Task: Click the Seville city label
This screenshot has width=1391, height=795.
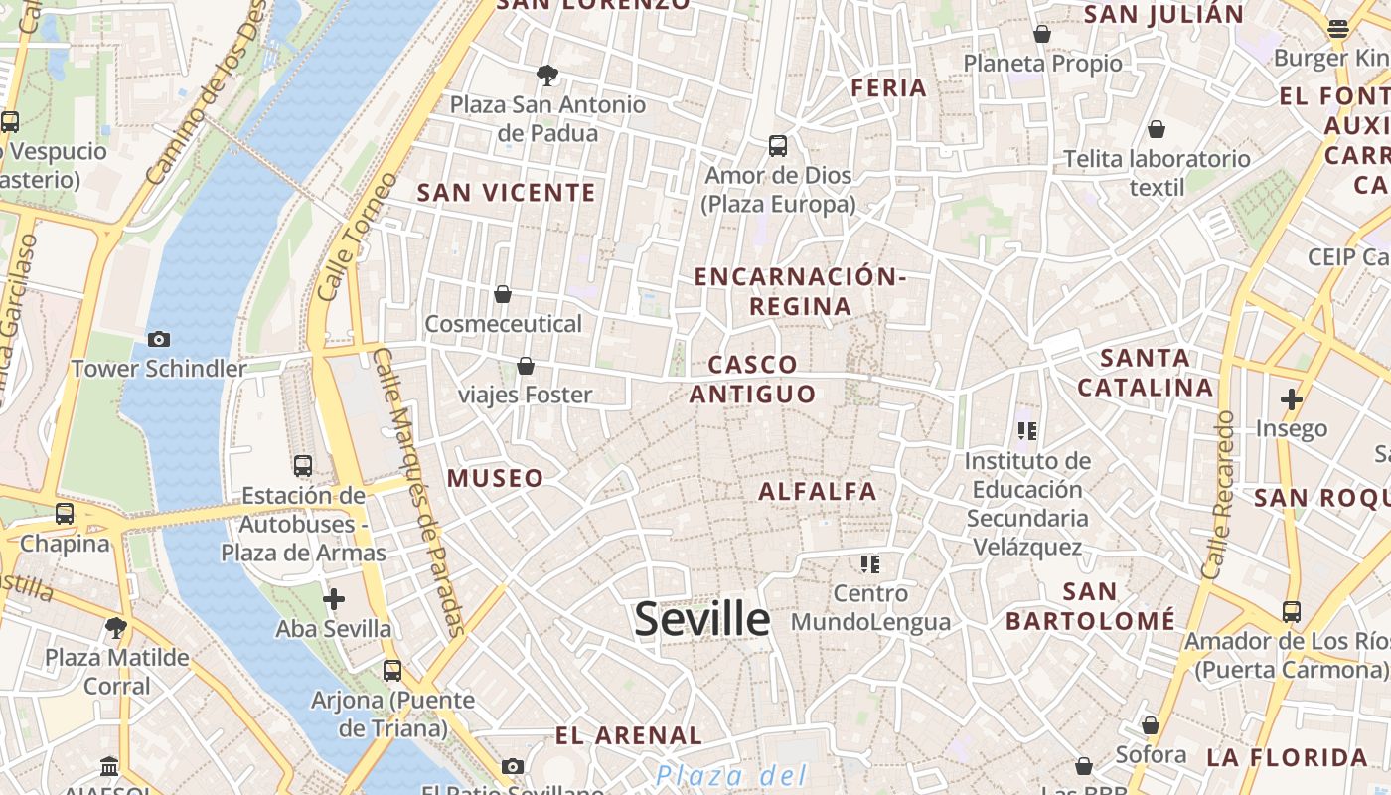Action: pyautogui.click(x=701, y=620)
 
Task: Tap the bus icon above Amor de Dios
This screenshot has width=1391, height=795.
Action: pyautogui.click(x=778, y=146)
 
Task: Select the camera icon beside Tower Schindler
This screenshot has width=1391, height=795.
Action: pyautogui.click(x=158, y=340)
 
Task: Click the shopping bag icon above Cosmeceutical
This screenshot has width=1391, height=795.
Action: pyautogui.click(x=503, y=294)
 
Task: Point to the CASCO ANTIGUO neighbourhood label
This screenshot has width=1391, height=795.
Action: pyautogui.click(x=752, y=380)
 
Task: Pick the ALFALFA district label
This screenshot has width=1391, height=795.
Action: pyautogui.click(x=818, y=491)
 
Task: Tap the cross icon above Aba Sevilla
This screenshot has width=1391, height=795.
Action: pyautogui.click(x=334, y=599)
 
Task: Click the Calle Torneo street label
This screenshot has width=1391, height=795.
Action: pyautogui.click(x=357, y=238)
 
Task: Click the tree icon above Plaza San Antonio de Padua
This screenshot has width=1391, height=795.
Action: pyautogui.click(x=546, y=75)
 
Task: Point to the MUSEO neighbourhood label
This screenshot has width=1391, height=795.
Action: pyautogui.click(x=495, y=478)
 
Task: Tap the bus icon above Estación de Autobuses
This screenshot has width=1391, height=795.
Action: pyautogui.click(x=303, y=465)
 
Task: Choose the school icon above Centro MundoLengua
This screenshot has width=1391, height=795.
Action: pyautogui.click(x=870, y=564)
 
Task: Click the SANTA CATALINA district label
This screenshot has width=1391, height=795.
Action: pyautogui.click(x=1146, y=373)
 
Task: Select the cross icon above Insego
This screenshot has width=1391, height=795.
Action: pyautogui.click(x=1291, y=399)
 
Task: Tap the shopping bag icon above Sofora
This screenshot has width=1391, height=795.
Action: pyautogui.click(x=1150, y=725)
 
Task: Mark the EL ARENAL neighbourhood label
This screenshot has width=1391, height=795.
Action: pyautogui.click(x=628, y=736)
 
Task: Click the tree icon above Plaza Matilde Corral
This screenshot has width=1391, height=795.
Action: pyautogui.click(x=116, y=627)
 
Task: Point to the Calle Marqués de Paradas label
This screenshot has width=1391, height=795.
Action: pyautogui.click(x=418, y=492)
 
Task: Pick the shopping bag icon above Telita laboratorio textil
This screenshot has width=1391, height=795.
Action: pyautogui.click(x=1156, y=129)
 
